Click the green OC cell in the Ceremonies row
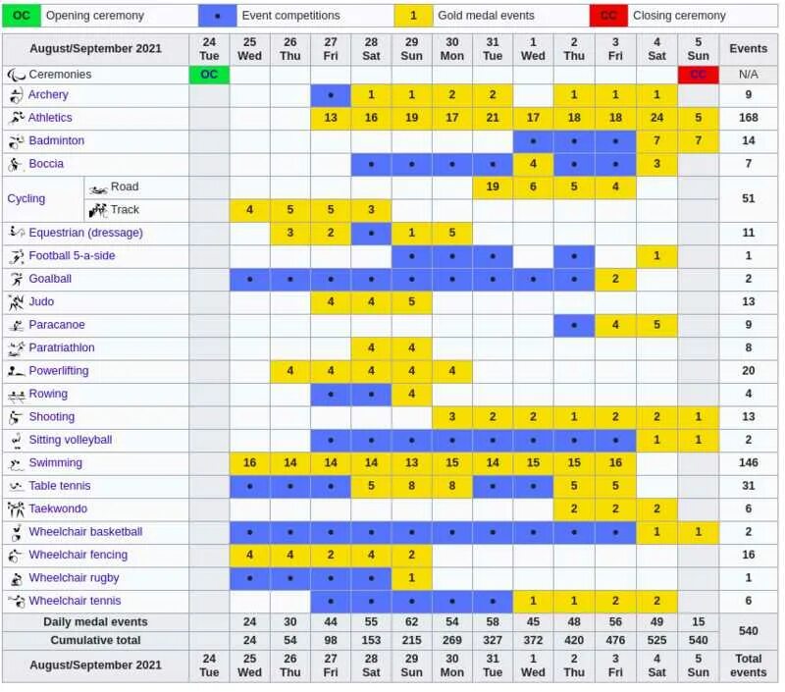[x=209, y=75]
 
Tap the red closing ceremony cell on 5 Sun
[x=698, y=75]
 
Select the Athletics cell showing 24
[x=656, y=118]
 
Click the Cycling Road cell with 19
[x=493, y=186]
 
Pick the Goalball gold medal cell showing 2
[x=615, y=279]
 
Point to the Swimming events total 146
[x=748, y=462]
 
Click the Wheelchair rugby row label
[x=74, y=578]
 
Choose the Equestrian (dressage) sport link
[x=85, y=233]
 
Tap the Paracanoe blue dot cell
[x=574, y=325]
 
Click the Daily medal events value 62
[x=411, y=622]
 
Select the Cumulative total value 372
[x=533, y=640]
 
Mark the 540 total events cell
[x=748, y=631]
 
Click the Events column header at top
[x=748, y=48]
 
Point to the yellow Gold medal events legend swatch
[x=413, y=16]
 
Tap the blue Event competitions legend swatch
[x=217, y=16]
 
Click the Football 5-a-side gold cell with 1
[x=656, y=256]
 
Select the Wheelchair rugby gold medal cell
[x=411, y=578]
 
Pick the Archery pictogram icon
[x=16, y=95]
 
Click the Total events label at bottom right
[x=748, y=665]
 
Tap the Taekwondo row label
[x=58, y=508]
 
